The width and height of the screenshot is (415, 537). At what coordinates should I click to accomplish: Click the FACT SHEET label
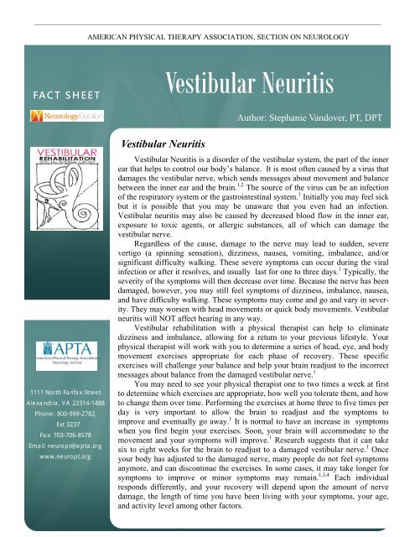coord(55,86)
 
